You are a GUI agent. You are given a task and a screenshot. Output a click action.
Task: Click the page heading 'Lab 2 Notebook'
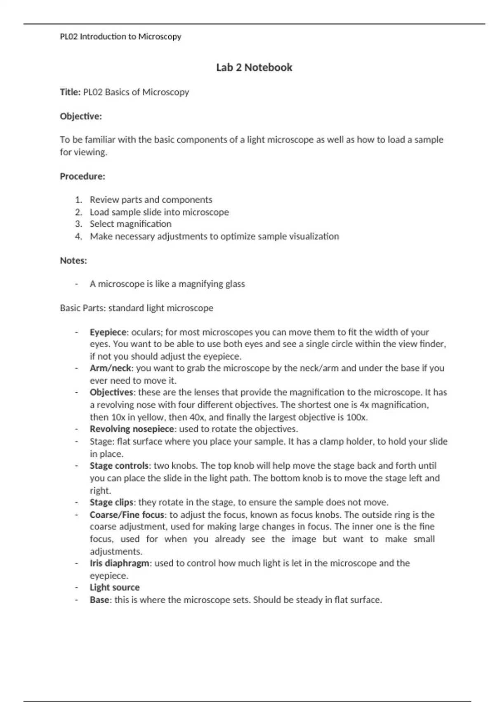[x=254, y=67]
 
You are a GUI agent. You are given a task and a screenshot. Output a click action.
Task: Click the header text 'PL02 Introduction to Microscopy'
[x=120, y=36]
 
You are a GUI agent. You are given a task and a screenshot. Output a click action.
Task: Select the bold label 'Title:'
[x=70, y=92]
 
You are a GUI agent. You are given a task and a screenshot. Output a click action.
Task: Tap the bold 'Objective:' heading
[x=81, y=116]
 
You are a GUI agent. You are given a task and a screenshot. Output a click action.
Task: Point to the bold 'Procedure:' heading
[x=82, y=176]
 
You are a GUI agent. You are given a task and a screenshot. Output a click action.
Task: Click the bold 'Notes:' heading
[x=73, y=261]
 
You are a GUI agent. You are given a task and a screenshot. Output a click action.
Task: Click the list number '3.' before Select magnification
[x=79, y=224]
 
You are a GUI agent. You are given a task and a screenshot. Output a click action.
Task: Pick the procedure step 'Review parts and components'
[x=151, y=200]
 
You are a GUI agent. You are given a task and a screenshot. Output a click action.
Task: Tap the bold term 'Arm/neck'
[x=110, y=368]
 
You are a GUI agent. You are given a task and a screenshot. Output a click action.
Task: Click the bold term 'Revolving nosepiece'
[x=132, y=429]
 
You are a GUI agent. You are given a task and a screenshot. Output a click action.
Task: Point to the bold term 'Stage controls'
[x=119, y=466]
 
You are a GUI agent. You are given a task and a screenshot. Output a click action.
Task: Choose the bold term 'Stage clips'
[x=111, y=503]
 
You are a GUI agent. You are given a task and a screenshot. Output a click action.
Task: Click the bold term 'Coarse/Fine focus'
[x=127, y=515]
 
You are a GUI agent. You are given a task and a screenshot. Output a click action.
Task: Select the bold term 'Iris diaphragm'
[x=120, y=563]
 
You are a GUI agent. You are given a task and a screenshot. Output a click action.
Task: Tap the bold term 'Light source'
[x=115, y=588]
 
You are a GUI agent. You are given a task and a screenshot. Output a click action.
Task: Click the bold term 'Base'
[x=99, y=600]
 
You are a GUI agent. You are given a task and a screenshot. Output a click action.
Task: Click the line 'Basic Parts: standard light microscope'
[x=137, y=308]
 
